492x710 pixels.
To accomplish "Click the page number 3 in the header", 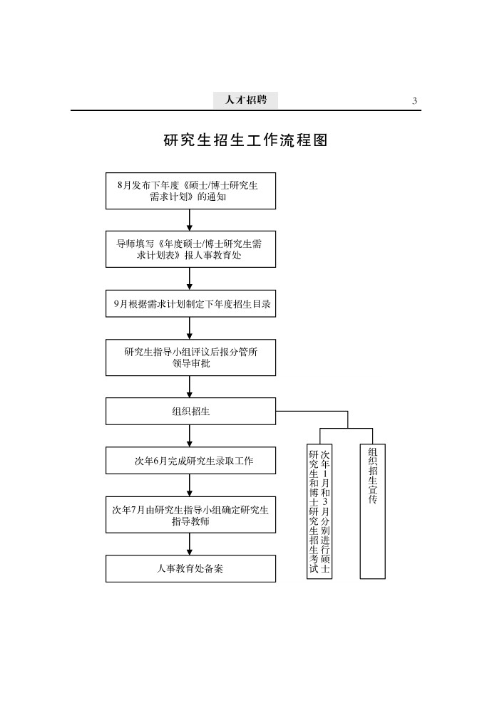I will point(414,101).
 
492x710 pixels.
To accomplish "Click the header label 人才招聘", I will point(246,100).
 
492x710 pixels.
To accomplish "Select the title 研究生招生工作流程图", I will point(246,140).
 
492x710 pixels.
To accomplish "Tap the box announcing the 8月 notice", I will point(190,191).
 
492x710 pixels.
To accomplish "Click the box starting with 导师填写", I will point(190,249).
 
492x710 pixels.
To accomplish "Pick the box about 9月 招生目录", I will point(190,304).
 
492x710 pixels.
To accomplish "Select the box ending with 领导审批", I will point(190,357).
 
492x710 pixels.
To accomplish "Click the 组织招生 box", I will point(190,411).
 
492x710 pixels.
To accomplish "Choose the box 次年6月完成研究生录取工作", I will point(190,460).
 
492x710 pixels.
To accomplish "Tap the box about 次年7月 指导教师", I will point(190,515).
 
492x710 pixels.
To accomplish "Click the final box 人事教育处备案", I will point(190,568).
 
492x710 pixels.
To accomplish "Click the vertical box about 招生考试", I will point(319,511).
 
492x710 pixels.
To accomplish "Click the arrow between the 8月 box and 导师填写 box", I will point(190,220).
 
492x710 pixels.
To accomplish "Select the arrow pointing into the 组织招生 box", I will point(190,387).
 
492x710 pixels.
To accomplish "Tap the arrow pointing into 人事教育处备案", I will point(190,544).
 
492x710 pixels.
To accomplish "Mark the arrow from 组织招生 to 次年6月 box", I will point(190,436).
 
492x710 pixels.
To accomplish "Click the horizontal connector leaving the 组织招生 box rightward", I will point(312,412).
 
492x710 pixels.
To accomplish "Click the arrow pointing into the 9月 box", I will point(190,278).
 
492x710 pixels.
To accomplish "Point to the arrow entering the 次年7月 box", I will point(190,486).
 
